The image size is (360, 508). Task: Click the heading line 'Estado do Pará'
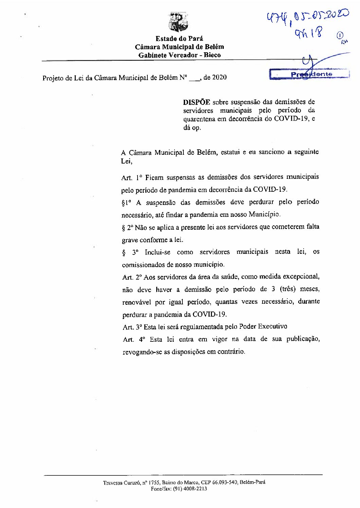tap(179, 39)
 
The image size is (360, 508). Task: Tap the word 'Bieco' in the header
tap(212, 55)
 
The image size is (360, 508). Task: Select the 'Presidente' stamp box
tap(309, 74)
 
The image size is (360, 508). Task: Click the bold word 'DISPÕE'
tap(197, 102)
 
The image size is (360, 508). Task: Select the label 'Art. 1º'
tap(131, 177)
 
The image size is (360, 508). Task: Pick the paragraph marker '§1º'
tap(126, 203)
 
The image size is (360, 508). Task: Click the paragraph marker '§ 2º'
tap(127, 228)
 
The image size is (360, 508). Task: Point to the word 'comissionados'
tap(143, 264)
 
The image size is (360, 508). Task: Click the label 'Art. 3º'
tap(132, 327)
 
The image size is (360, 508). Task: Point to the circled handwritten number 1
tap(340, 35)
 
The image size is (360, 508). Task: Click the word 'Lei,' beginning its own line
tap(126, 162)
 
